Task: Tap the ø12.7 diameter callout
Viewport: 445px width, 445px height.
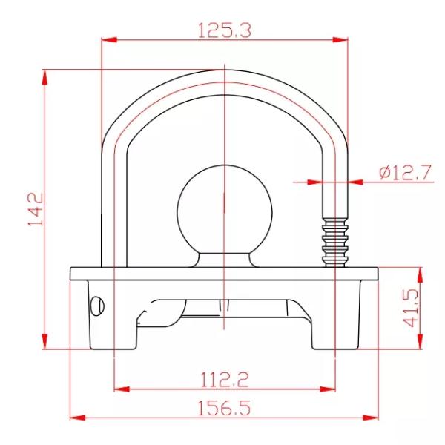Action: pos(404,173)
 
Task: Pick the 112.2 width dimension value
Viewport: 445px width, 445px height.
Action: pos(224,379)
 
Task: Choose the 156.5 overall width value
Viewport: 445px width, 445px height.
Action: pos(224,409)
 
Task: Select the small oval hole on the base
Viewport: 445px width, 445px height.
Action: pos(96,304)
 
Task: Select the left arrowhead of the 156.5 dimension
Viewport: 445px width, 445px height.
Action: pos(75,418)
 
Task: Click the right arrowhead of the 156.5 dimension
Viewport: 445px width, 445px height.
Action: pos(374,418)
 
